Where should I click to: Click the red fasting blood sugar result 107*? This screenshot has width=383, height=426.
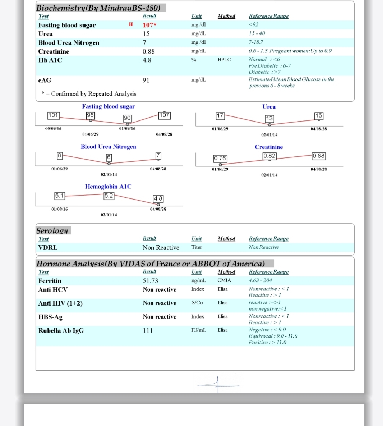tap(149, 25)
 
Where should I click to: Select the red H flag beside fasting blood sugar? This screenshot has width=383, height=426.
tap(131, 24)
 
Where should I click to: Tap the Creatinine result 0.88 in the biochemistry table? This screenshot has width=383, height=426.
tap(148, 51)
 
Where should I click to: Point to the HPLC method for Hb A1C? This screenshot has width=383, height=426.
tap(224, 60)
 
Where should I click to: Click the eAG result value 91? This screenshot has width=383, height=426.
tap(146, 80)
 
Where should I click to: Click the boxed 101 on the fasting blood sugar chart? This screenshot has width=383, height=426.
tap(53, 115)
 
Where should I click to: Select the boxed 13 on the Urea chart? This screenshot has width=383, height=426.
tap(269, 118)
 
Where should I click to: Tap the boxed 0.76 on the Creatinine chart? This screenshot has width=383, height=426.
tap(220, 158)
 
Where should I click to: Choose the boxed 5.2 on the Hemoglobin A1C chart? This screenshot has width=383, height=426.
tap(109, 196)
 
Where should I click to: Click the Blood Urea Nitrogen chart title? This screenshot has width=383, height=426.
tap(108, 147)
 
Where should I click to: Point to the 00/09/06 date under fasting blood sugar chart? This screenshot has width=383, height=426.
tap(53, 129)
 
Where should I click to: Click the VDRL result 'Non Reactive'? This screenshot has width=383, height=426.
tap(161, 248)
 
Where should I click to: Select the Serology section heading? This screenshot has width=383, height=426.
tap(52, 231)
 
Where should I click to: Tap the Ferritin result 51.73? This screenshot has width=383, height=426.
tap(150, 281)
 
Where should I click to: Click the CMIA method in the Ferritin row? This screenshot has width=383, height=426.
tap(224, 280)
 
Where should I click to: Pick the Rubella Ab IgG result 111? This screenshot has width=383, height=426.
tap(148, 331)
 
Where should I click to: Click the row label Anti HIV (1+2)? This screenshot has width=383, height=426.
tap(60, 303)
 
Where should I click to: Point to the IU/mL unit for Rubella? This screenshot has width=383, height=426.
tap(199, 330)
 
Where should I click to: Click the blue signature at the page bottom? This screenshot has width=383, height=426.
tap(218, 384)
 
